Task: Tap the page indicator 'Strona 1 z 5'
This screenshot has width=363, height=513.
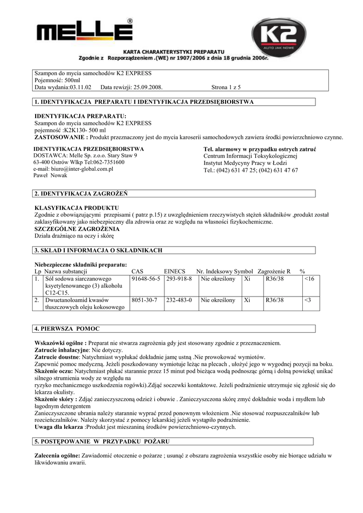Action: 226,87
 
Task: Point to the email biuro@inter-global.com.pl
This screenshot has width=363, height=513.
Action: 73,169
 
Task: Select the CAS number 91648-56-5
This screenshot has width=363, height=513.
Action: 145,278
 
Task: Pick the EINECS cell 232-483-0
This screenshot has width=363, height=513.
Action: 179,300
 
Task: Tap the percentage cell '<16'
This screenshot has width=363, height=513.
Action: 309,278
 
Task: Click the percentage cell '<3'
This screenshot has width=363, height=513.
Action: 308,300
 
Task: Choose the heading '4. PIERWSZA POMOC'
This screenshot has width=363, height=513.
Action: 67,329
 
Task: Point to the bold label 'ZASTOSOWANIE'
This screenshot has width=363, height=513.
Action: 61,137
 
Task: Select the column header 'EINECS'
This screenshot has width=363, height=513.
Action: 175,271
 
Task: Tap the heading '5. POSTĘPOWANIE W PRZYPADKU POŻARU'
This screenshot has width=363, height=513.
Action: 102,441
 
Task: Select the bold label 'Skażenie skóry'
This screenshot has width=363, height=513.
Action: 55,399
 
